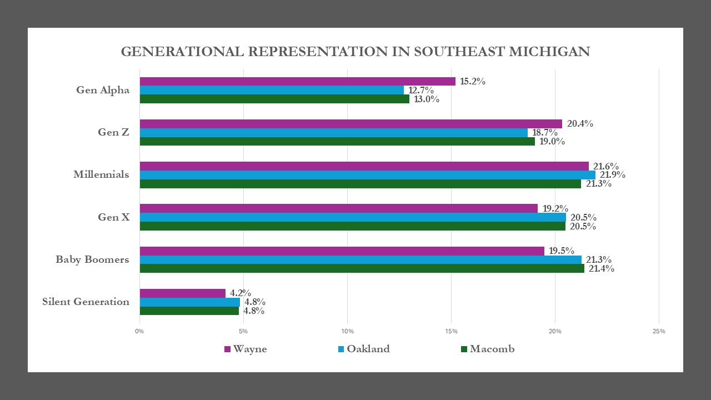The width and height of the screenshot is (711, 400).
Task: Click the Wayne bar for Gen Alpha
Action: (297, 82)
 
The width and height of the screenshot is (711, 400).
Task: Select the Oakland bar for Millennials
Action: (367, 175)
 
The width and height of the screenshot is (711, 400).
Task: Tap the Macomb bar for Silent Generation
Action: (189, 311)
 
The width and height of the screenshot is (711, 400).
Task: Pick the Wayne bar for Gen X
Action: (338, 208)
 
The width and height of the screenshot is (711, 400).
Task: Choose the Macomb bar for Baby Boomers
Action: (361, 268)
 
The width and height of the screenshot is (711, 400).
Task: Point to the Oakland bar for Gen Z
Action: (333, 133)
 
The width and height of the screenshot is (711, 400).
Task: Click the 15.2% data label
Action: (473, 82)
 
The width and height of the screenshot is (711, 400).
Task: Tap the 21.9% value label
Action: (612, 175)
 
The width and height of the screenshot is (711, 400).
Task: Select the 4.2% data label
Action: (241, 293)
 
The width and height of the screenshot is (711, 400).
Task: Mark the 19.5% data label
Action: (562, 251)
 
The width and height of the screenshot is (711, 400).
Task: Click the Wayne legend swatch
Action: (227, 349)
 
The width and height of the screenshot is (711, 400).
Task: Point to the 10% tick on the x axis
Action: (347, 332)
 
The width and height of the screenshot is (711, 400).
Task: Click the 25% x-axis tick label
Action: (659, 332)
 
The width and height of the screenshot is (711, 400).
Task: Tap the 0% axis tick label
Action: (139, 332)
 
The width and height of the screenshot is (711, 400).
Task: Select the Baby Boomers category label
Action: (92, 259)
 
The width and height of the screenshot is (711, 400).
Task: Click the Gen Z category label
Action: (113, 132)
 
